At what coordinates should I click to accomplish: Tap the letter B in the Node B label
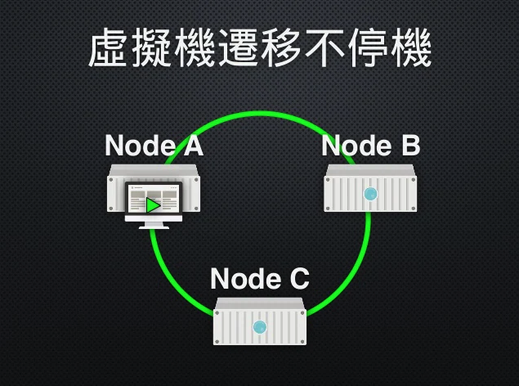pyautogui.click(x=409, y=146)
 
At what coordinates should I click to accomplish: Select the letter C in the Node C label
pyautogui.click(x=298, y=279)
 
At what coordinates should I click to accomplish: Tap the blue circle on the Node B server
pyautogui.click(x=370, y=194)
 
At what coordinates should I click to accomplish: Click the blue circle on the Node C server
pyautogui.click(x=260, y=327)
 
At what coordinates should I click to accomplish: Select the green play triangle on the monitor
pyautogui.click(x=153, y=205)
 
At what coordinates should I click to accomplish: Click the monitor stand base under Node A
pyautogui.click(x=154, y=226)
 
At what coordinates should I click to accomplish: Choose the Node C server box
pyautogui.click(x=260, y=323)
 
